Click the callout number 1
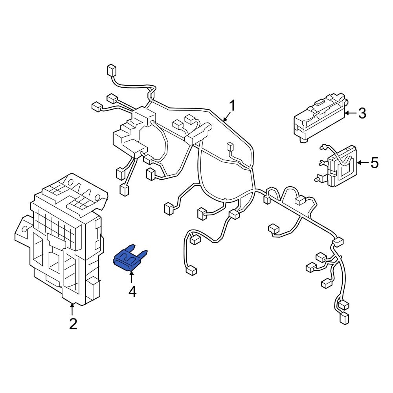232,106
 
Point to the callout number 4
132,291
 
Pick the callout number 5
374,162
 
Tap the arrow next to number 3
351,113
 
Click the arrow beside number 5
362,162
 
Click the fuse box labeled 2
63,240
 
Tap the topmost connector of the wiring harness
111,71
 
